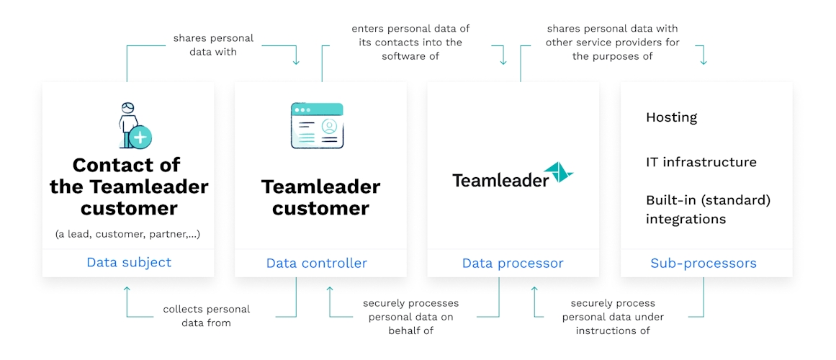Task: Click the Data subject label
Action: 129,262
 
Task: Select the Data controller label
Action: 317,263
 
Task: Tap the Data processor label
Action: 513,263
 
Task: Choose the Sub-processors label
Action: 704,263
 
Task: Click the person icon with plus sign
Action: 135,126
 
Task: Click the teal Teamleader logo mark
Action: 558,174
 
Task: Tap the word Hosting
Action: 671,117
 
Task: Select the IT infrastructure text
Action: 701,162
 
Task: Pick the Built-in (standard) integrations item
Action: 708,209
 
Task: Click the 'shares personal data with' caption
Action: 213,45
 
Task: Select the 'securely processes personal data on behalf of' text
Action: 410,317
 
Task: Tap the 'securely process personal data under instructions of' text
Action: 613,317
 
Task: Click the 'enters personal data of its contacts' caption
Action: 410,42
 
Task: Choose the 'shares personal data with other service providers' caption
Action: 612,42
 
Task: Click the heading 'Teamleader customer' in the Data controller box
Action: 320,197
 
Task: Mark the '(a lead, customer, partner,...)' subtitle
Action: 128,233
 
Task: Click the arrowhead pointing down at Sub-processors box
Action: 704,61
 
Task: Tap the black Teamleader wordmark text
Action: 500,180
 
